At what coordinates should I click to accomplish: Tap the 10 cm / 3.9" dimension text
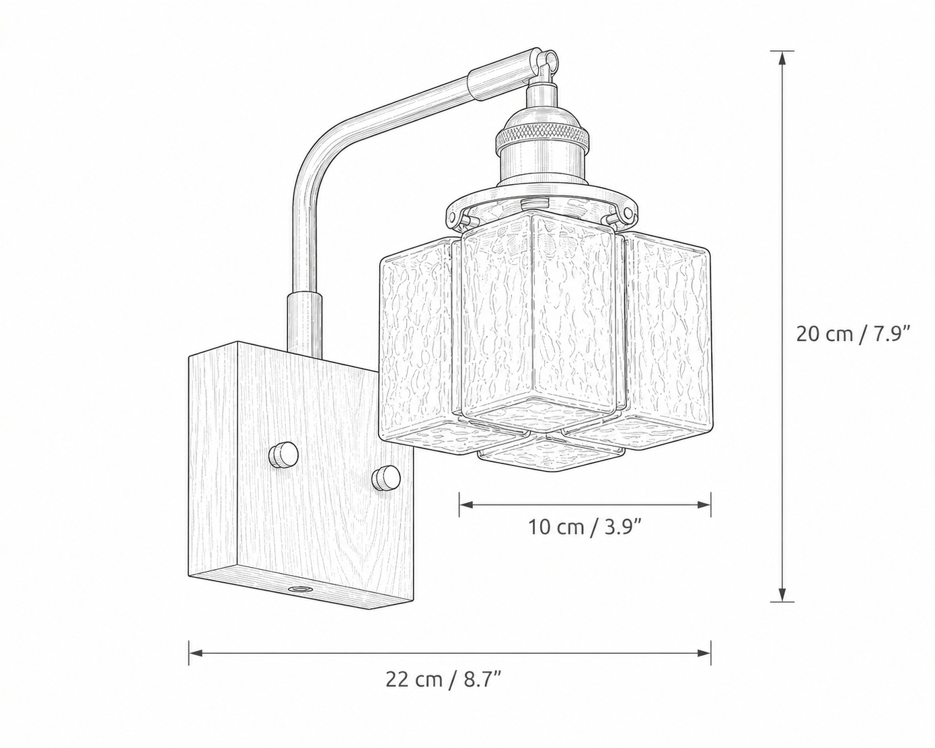coord(585,527)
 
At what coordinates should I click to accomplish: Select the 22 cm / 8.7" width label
coord(444,680)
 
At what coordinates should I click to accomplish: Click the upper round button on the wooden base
coord(283,455)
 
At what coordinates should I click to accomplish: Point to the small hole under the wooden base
coord(299,589)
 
